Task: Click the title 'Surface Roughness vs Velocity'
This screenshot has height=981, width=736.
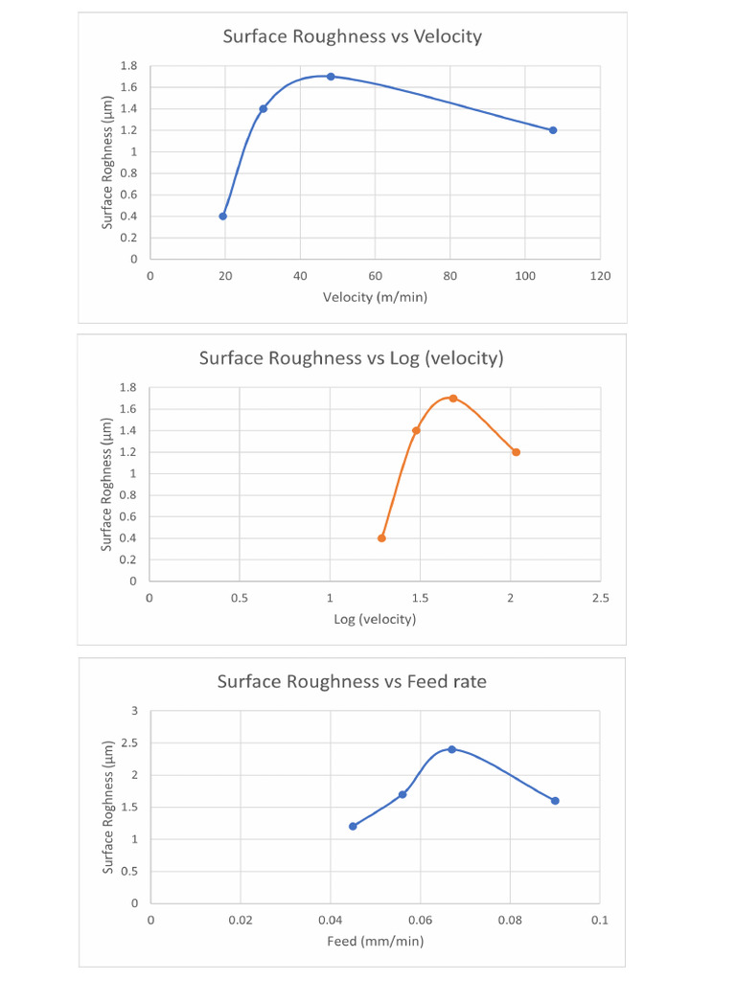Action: tap(352, 36)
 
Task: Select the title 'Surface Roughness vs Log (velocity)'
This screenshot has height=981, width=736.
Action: tap(351, 358)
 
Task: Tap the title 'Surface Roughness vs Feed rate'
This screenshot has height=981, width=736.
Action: tap(351, 681)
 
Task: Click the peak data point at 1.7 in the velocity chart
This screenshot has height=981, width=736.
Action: tap(331, 77)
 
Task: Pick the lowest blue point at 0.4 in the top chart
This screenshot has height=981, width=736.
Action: tap(223, 217)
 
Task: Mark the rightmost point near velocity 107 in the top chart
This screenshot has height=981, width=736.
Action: tap(553, 130)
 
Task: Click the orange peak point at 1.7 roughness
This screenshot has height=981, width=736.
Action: tap(453, 399)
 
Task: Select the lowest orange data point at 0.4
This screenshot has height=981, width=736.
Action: tap(381, 538)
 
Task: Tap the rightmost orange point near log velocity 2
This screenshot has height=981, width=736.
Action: tap(516, 452)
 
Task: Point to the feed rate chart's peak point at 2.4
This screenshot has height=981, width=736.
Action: tap(451, 749)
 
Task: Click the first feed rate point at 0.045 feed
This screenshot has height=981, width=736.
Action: tap(353, 826)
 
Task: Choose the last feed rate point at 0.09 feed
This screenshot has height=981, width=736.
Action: tap(555, 801)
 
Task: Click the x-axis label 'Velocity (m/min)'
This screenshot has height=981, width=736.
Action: tap(375, 297)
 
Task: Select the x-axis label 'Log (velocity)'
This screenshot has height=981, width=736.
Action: tap(375, 619)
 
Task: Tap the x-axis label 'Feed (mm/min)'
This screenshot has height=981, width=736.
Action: tap(375, 941)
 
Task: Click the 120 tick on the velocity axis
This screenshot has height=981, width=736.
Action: tap(600, 276)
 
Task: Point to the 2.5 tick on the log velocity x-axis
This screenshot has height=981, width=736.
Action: tap(600, 598)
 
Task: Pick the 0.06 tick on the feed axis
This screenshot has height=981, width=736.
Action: tap(420, 920)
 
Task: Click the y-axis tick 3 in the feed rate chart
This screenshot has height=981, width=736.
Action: tap(135, 711)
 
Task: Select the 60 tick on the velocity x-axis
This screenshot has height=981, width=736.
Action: tap(376, 276)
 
